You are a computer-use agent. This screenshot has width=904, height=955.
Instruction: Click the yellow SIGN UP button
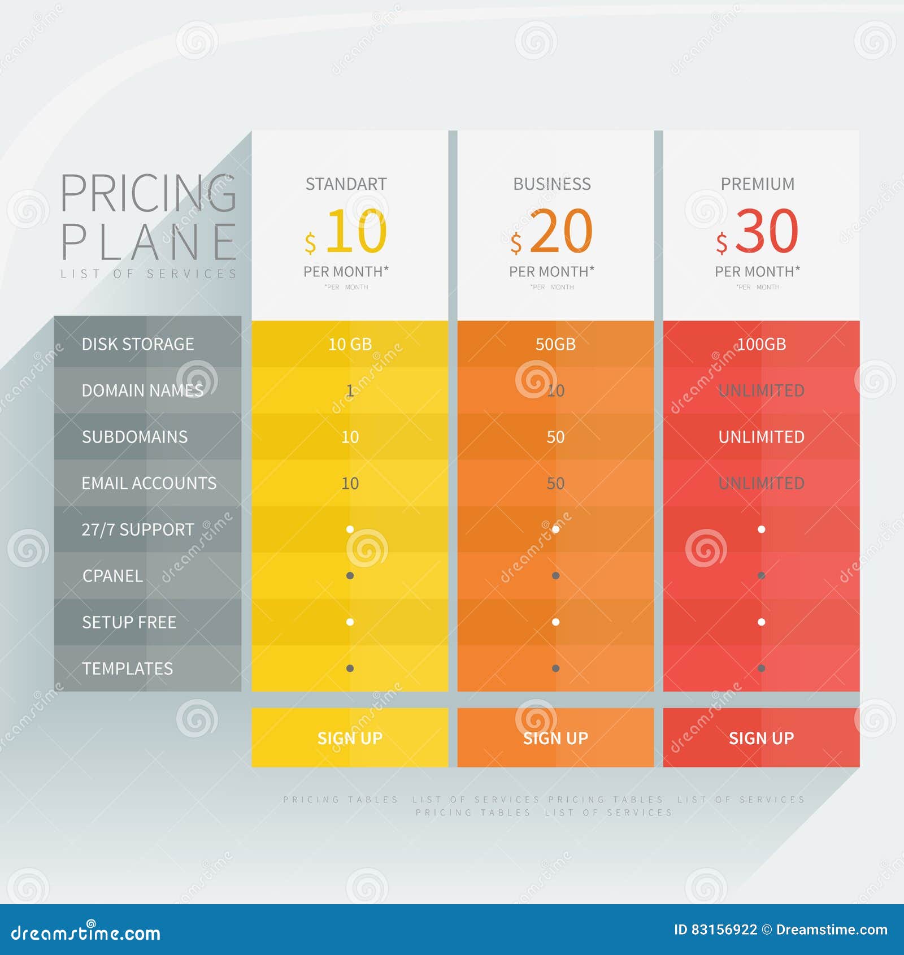[x=350, y=737]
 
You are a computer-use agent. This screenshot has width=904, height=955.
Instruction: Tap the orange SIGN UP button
[x=555, y=737]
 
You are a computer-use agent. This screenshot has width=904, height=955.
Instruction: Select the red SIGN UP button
[x=761, y=737]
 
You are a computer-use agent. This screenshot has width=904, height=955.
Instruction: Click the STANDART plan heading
[x=346, y=184]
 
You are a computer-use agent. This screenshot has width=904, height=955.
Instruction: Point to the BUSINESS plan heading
[x=552, y=184]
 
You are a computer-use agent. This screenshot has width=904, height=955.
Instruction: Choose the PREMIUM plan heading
[x=758, y=184]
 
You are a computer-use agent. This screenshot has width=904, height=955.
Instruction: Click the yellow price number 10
[x=356, y=231]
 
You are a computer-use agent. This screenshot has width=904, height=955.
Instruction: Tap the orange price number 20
[x=561, y=231]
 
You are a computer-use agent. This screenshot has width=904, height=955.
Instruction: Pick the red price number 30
[x=767, y=231]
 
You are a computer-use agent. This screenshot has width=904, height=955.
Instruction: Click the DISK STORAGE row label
[x=138, y=344]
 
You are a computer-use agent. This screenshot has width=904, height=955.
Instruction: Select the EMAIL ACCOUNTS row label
[x=149, y=483]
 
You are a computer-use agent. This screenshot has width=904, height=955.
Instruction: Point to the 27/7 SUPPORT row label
[x=138, y=529]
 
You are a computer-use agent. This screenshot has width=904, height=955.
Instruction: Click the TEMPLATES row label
[x=128, y=668]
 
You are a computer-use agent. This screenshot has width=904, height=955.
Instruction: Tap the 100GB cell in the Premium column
[x=761, y=344]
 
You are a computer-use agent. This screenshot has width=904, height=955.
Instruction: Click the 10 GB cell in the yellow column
[x=350, y=344]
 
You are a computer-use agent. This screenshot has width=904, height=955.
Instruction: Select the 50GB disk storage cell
[x=555, y=344]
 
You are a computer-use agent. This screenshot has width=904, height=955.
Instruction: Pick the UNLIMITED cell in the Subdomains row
[x=761, y=437]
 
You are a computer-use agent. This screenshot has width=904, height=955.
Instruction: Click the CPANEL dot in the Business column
[x=555, y=576]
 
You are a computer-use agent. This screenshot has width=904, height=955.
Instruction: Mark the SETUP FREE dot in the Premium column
[x=761, y=622]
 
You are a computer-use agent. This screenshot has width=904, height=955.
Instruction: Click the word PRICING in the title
[x=148, y=194]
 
